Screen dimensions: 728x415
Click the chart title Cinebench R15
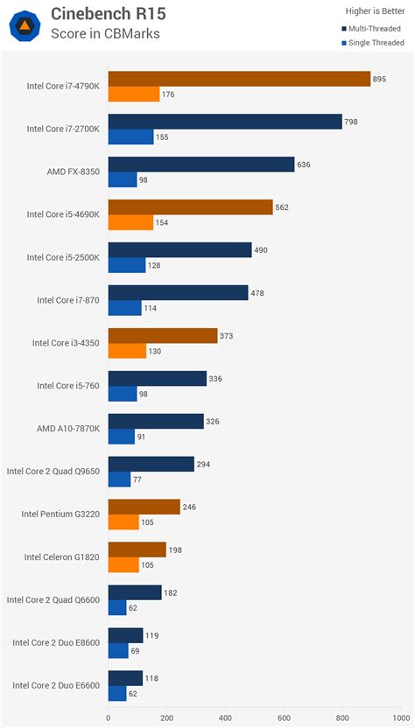pyautogui.click(x=108, y=13)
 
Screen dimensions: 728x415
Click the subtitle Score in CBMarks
pyautogui.click(x=106, y=33)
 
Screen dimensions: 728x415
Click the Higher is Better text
pyautogui.click(x=369, y=10)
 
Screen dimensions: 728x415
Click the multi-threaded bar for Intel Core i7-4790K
pyautogui.click(x=238, y=79)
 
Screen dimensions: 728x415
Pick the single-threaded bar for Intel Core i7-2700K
pyautogui.click(x=130, y=136)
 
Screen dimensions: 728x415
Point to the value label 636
pyautogui.click(x=304, y=164)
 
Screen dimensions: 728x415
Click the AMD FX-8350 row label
pyautogui.click(x=74, y=171)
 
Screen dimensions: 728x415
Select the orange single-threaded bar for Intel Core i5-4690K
pyautogui.click(x=130, y=222)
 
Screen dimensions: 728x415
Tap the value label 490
pyautogui.click(x=262, y=250)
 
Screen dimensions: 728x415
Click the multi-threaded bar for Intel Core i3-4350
pyautogui.click(x=162, y=336)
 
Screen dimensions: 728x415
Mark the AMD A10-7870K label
pyautogui.click(x=68, y=428)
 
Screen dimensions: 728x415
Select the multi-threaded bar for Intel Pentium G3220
pyautogui.click(x=144, y=507)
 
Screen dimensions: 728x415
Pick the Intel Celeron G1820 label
pyautogui.click(x=62, y=556)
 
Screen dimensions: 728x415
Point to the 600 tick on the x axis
pyautogui.click(x=284, y=718)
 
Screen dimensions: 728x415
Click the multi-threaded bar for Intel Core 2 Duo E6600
pyautogui.click(x=125, y=678)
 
